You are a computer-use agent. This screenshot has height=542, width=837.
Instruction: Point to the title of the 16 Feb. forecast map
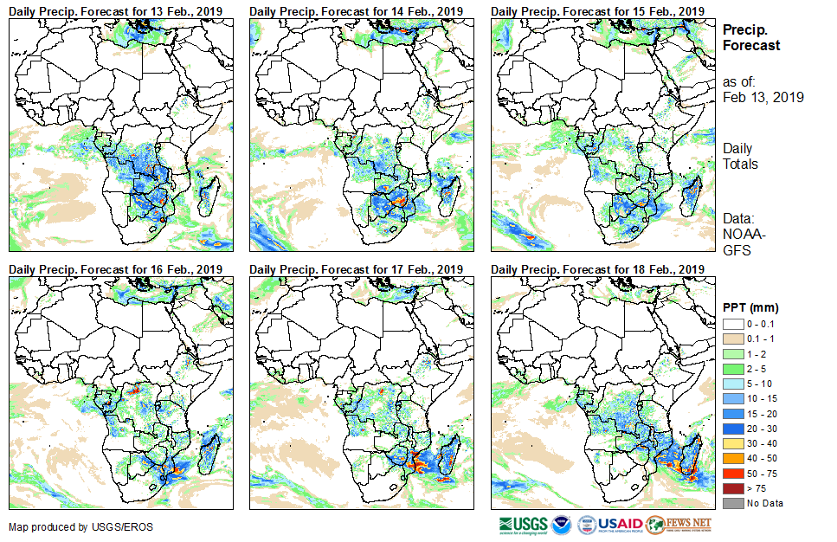click(116, 269)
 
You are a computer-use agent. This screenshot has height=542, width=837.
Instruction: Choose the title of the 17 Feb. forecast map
click(357, 269)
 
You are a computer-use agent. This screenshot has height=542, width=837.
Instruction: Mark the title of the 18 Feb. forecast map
click(597, 269)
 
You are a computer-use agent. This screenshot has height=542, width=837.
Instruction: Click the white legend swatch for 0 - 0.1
click(733, 323)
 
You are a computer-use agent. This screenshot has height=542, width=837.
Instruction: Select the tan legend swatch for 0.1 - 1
click(733, 338)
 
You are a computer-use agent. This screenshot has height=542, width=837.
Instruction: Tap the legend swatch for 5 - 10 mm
click(733, 383)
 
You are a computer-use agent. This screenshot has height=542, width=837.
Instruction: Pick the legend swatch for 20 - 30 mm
click(733, 428)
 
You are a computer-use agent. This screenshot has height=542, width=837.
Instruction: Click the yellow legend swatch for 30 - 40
click(733, 443)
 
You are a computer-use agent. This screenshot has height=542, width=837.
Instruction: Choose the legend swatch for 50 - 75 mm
click(733, 473)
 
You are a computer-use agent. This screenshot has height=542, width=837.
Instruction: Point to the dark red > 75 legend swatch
click(733, 488)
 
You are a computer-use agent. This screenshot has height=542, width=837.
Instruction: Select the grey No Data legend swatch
click(733, 503)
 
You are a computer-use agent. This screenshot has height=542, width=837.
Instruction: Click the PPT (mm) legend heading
click(750, 307)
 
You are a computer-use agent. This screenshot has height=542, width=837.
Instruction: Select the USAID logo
click(609, 525)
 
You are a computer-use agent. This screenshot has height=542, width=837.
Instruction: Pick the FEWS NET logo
click(679, 525)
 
